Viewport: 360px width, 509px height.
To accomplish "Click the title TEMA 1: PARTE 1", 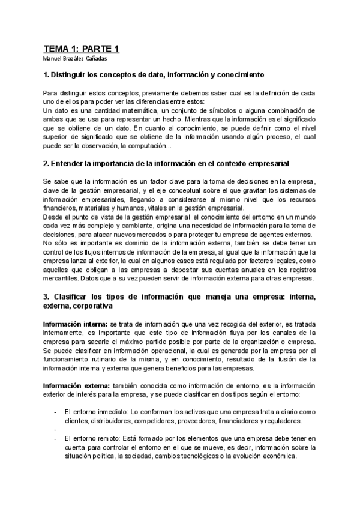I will point(82,49).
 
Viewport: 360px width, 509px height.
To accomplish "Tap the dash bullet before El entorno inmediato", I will point(55,411).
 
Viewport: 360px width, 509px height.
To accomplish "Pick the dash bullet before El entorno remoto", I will point(55,439).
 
